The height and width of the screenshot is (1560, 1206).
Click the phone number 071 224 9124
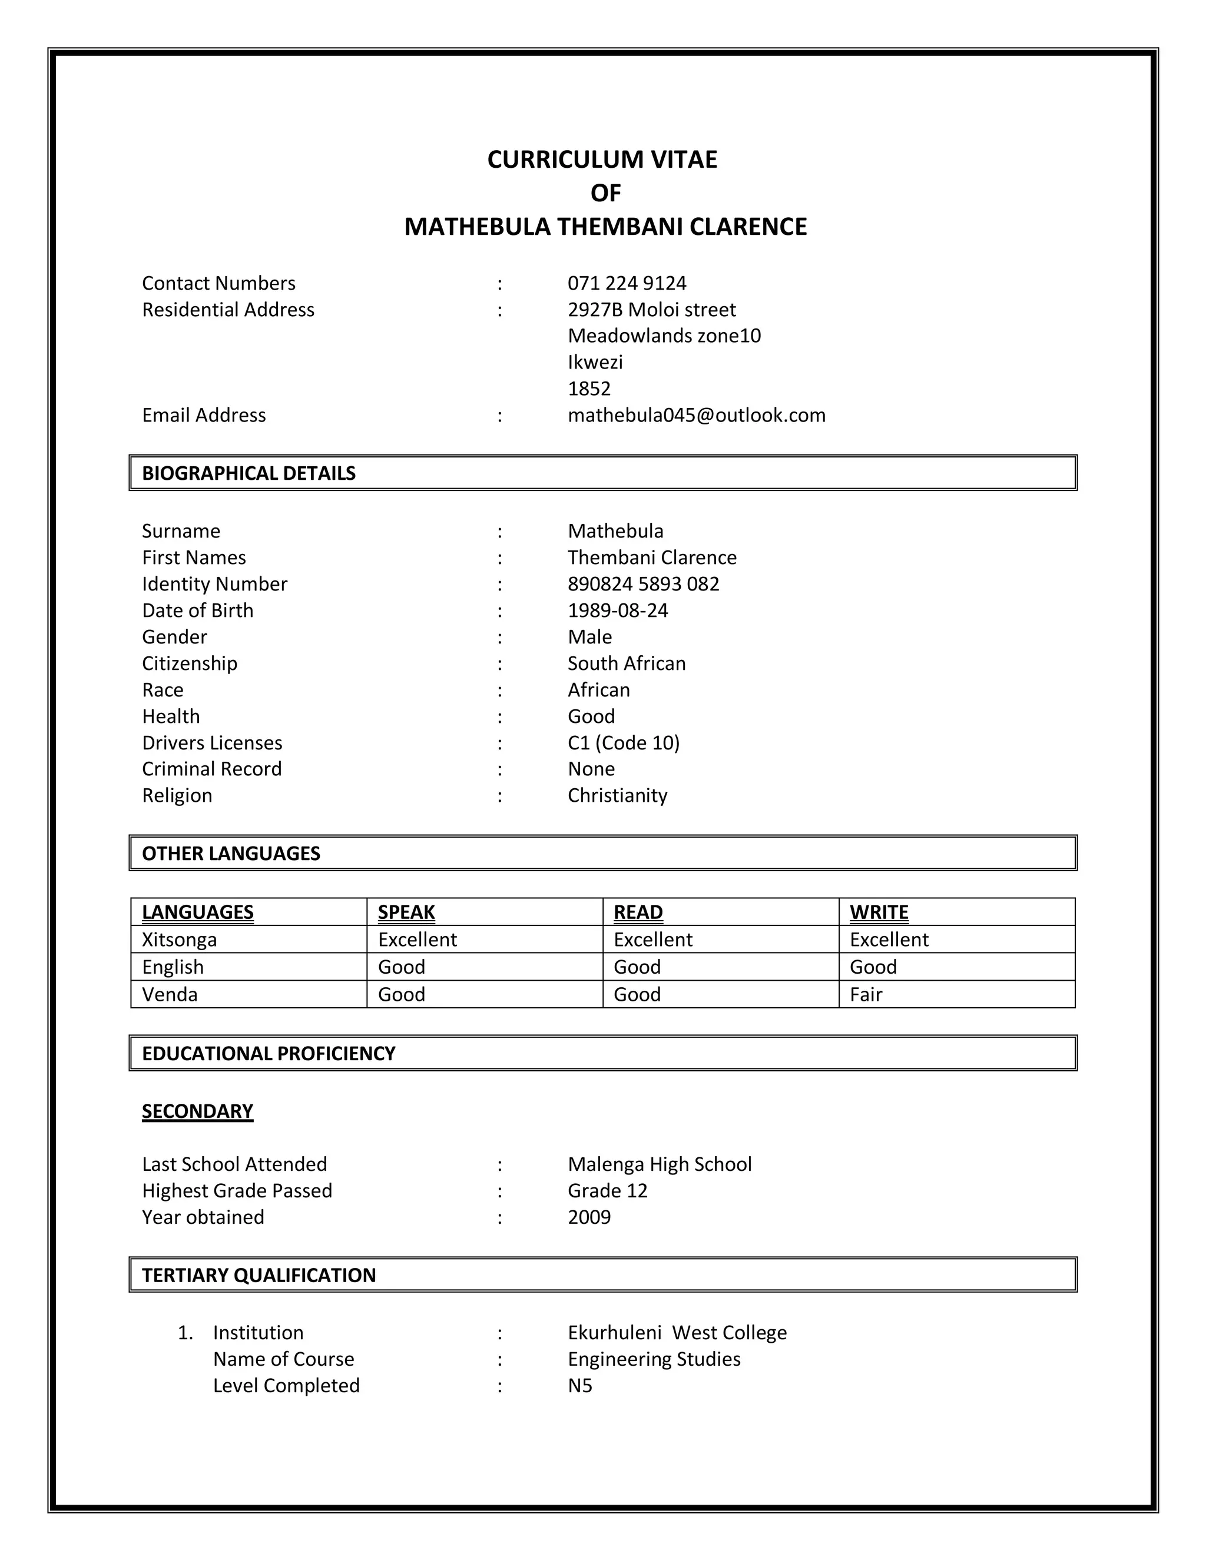tap(627, 284)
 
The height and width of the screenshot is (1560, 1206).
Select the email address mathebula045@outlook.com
tap(696, 415)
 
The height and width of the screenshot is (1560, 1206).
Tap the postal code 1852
tap(589, 389)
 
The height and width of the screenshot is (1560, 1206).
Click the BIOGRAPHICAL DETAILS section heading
tap(248, 473)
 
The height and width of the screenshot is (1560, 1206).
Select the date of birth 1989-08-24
tap(617, 610)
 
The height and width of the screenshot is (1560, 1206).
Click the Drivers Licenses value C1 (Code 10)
tap(623, 743)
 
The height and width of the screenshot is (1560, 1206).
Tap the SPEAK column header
tap(406, 912)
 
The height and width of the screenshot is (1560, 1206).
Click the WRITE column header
tap(878, 912)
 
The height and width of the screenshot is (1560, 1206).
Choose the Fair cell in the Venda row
tap(865, 994)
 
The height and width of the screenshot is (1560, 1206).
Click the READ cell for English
tap(637, 967)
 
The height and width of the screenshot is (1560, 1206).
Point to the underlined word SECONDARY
tap(197, 1111)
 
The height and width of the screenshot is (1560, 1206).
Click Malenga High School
tap(659, 1164)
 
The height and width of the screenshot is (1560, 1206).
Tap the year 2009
tap(589, 1217)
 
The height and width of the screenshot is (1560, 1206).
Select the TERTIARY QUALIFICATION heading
tap(258, 1275)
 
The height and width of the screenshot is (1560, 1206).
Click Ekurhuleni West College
tap(677, 1333)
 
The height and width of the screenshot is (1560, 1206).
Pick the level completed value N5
tap(579, 1386)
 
